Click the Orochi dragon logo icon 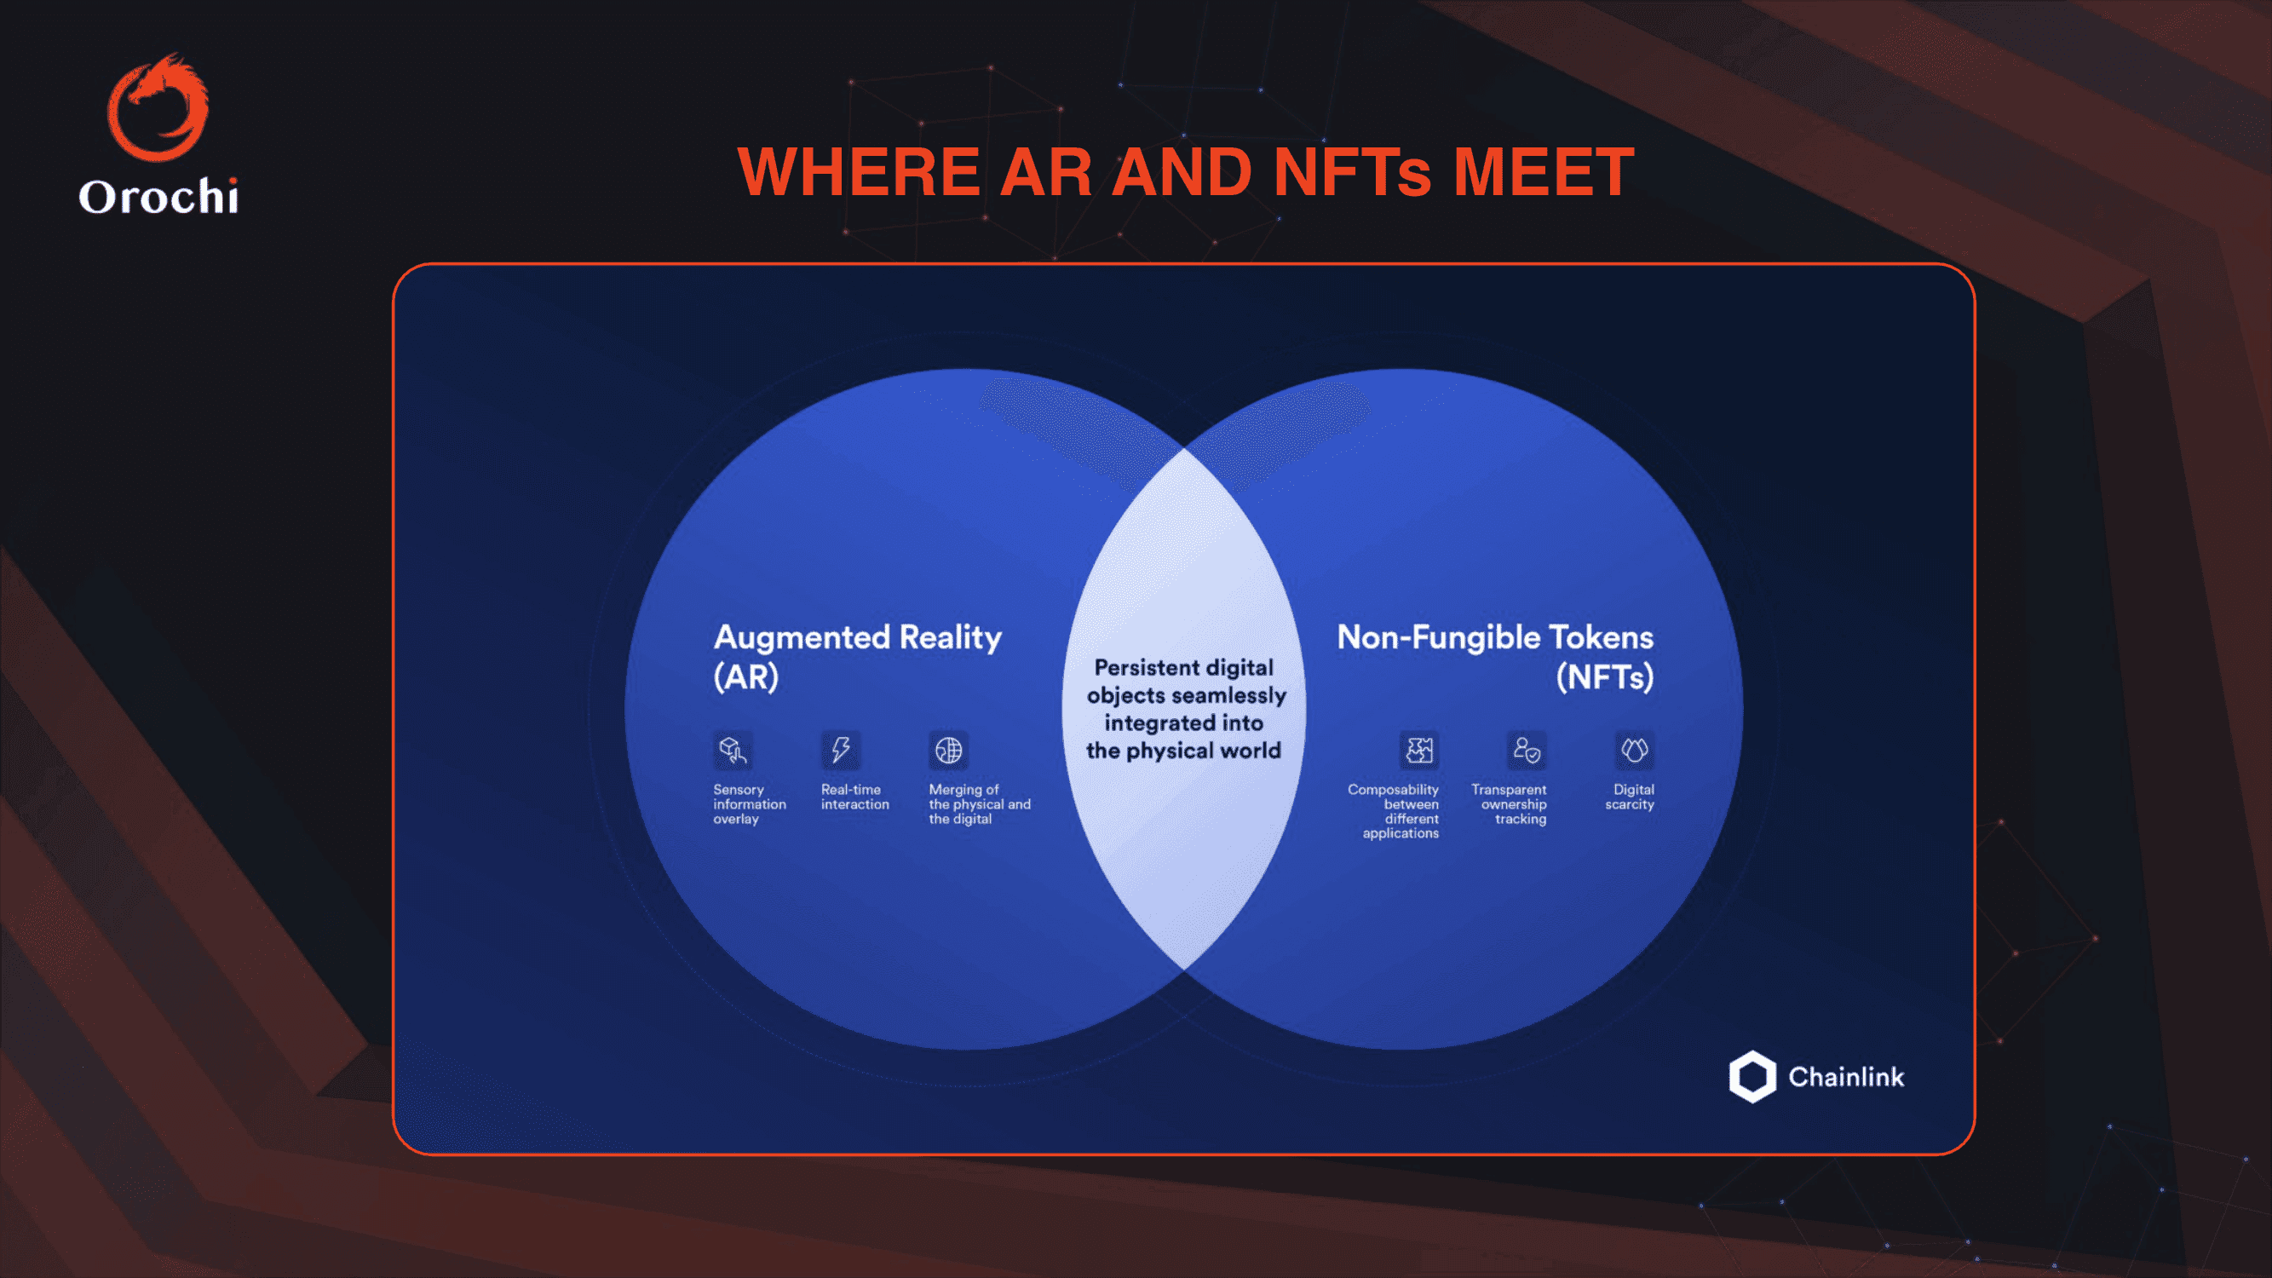158,106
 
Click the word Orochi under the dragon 158,196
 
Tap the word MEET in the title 1544,171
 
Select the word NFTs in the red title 1353,171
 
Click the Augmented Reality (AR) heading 857,656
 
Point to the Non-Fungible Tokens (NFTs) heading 1495,656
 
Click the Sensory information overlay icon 733,751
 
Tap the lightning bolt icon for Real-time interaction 841,751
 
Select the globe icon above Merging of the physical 948,751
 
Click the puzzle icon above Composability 1419,751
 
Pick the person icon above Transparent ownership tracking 1527,751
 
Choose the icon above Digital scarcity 1634,751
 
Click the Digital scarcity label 1630,797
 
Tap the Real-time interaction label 854,797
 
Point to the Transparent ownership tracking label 1509,803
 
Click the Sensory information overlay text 750,803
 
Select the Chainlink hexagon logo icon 1751,1076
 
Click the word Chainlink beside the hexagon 1846,1077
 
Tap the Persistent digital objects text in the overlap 1185,709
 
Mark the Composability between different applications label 1394,810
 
